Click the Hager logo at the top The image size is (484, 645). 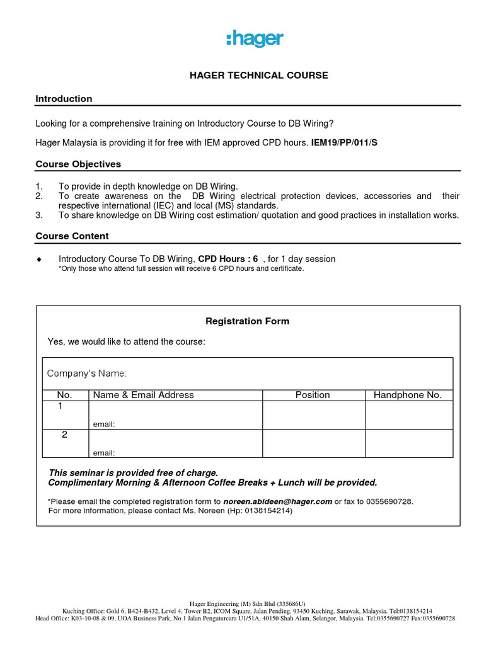[255, 39]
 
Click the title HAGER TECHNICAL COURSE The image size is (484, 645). [259, 75]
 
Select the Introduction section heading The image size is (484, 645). [64, 99]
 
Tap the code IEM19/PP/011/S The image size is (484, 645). [344, 142]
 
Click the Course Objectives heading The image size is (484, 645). [78, 164]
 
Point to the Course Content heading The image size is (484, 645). [72, 236]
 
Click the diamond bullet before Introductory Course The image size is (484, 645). [39, 260]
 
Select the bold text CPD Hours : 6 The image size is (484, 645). [228, 259]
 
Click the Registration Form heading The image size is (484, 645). [248, 321]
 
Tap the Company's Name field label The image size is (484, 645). [87, 374]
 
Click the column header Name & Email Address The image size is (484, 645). [144, 395]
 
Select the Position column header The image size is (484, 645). [313, 395]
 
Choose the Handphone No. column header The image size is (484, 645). [408, 395]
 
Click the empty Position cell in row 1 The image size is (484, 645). [313, 415]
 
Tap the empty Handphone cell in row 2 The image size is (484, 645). [408, 443]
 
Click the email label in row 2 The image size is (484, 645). [104, 453]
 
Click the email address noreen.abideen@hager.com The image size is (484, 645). [278, 501]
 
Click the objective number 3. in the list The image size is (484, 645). [38, 215]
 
